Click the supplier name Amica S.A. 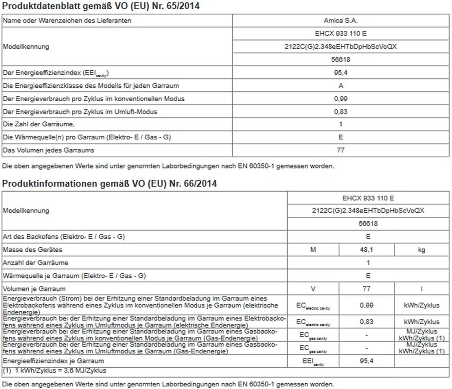coord(340,20)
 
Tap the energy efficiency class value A coord(341,86)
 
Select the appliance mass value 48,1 coord(366,250)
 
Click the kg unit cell coord(422,250)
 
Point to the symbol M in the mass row coord(313,250)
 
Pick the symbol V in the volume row coord(313,289)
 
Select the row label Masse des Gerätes coord(33,250)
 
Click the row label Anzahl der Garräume coord(36,263)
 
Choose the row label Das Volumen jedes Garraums coord(49,151)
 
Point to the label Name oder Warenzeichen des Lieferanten coord(67,20)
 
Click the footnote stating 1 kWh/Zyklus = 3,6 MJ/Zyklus coord(55,370)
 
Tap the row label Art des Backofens coord(64,237)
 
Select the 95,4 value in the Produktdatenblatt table coord(341,72)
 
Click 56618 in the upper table coord(341,59)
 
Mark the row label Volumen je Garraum coord(34,289)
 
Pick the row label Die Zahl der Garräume coord(39,125)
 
